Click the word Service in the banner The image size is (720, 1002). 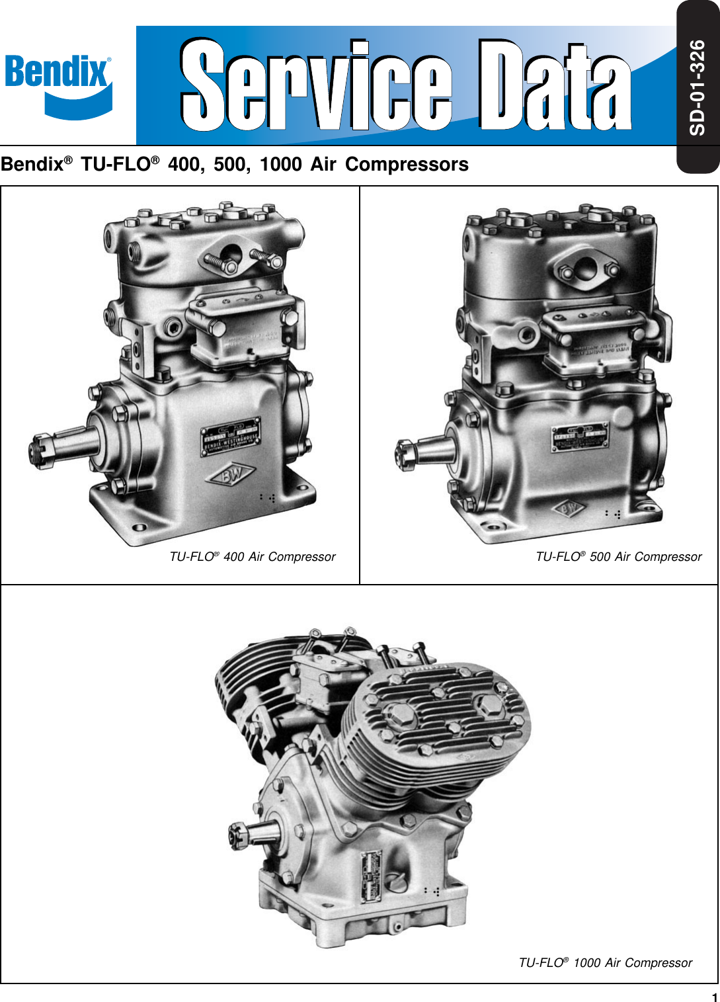tap(316, 85)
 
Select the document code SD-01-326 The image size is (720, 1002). tap(698, 87)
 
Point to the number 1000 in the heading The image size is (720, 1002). tap(281, 164)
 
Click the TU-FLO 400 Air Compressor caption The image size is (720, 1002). tap(253, 557)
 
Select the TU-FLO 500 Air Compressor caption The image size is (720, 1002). tap(618, 557)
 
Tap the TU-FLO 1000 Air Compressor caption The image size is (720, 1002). tap(605, 963)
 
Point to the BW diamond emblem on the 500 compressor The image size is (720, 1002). tap(568, 509)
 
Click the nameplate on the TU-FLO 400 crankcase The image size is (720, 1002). tap(231, 436)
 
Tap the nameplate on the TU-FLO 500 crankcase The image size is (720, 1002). tap(580, 437)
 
